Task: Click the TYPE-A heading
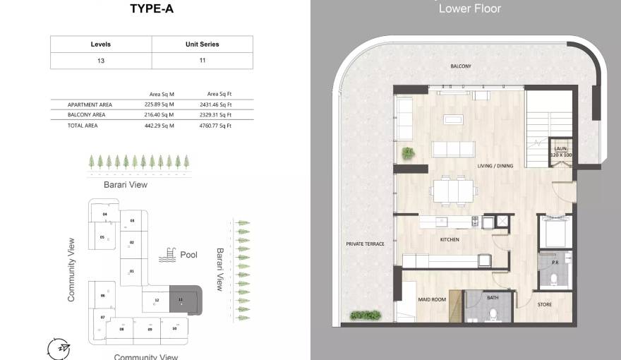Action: pos(152,9)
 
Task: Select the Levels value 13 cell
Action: pos(101,61)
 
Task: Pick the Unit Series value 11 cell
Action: pos(202,61)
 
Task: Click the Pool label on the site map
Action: pos(188,255)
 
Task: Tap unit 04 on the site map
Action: pos(104,213)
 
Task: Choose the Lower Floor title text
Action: pos(469,8)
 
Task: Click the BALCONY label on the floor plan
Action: pos(461,66)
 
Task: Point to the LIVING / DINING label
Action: pos(495,166)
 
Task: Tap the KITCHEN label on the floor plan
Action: pos(449,240)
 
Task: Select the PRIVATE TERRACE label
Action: pos(365,244)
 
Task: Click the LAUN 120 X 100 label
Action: pos(560,151)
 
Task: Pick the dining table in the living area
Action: pos(454,191)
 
